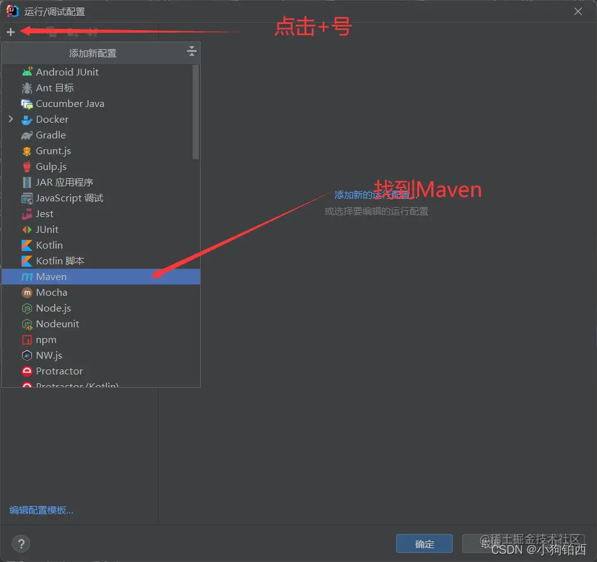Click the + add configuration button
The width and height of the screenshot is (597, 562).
tap(11, 32)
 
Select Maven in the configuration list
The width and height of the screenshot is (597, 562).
tap(51, 277)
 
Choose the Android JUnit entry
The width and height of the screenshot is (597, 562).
tap(67, 72)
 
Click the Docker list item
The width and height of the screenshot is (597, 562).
tap(52, 120)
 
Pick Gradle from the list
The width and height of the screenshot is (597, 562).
tap(50, 135)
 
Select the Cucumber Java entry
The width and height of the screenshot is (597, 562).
tap(70, 104)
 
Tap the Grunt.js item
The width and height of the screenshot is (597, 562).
tap(53, 151)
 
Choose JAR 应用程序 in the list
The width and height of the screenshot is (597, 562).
tap(64, 183)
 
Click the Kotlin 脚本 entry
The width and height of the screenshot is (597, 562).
tap(60, 261)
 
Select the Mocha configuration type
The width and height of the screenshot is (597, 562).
tap(51, 293)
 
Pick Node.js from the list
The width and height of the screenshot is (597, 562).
tap(53, 308)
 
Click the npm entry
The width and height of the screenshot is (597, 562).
tap(46, 340)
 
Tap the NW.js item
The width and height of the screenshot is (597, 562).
tap(48, 356)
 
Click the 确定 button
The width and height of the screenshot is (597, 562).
tap(424, 544)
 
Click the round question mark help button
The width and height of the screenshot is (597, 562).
tap(21, 544)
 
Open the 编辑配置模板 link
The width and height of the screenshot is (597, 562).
tap(42, 510)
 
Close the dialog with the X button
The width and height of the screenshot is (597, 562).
tap(578, 11)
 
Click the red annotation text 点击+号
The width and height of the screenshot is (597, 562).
tap(313, 27)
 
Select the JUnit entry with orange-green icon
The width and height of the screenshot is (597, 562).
tap(47, 230)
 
